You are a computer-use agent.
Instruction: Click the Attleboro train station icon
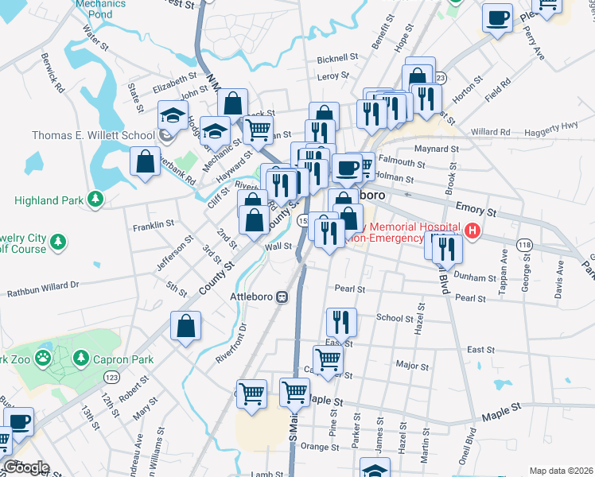click(x=282, y=297)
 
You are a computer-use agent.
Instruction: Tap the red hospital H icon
click(x=473, y=231)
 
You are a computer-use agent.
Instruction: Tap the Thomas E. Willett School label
click(x=93, y=135)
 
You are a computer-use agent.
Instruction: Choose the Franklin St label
click(x=154, y=225)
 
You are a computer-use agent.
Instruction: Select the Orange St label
click(x=320, y=447)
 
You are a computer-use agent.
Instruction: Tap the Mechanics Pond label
click(x=100, y=9)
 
